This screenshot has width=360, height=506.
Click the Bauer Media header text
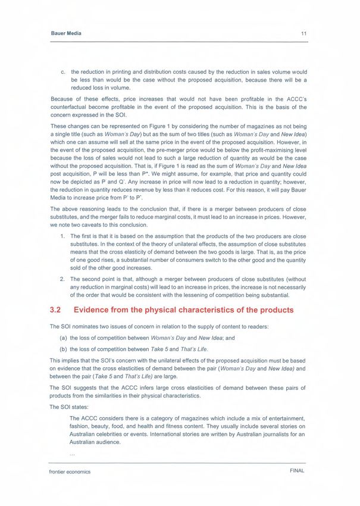[x=65, y=33]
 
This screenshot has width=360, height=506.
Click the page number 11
[x=303, y=33]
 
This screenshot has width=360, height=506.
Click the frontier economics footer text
[x=69, y=471]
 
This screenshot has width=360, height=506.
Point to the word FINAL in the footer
[x=296, y=471]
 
